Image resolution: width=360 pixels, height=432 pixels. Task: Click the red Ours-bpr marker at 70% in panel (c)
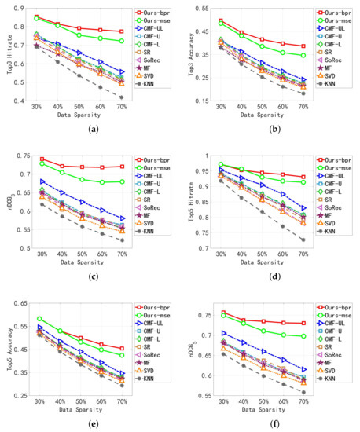point(122,167)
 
